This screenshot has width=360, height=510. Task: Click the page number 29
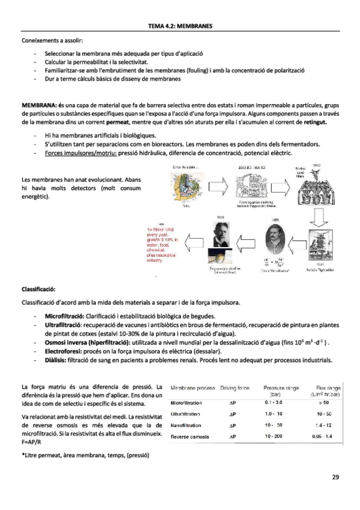coord(335,478)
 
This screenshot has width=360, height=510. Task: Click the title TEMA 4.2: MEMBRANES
coord(180,26)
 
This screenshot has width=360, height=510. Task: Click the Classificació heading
coord(38,289)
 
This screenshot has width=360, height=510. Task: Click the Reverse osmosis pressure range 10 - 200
coord(276,435)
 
